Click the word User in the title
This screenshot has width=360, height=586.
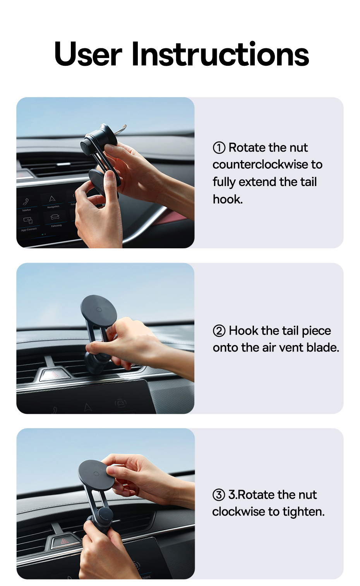click(x=88, y=54)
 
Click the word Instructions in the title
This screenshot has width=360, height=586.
click(x=220, y=54)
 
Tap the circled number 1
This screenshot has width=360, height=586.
click(x=219, y=148)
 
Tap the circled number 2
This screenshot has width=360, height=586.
click(x=219, y=331)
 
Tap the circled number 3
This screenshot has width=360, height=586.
click(x=219, y=495)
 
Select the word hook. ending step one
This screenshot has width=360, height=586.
click(x=228, y=199)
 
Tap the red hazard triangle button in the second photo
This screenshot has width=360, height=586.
click(x=55, y=374)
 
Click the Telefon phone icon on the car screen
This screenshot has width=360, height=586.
click(x=26, y=202)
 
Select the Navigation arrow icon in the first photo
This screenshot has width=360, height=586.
click(x=52, y=199)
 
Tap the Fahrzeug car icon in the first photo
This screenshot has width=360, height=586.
click(x=55, y=217)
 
